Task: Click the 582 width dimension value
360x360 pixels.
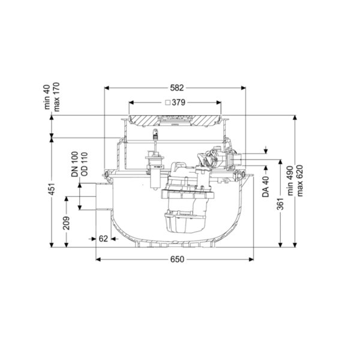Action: point(177,88)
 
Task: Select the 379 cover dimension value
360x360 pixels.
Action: point(178,103)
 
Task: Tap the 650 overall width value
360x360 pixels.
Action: point(177,259)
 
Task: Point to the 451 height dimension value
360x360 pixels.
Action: point(52,189)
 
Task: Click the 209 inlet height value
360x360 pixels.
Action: point(67,223)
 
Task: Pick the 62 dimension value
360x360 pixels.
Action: point(103,239)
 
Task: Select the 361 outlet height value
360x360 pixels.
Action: point(280,203)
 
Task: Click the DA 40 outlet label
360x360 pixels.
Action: point(266,187)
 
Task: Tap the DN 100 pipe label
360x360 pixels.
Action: point(75,164)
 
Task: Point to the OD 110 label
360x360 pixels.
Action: point(84,164)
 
